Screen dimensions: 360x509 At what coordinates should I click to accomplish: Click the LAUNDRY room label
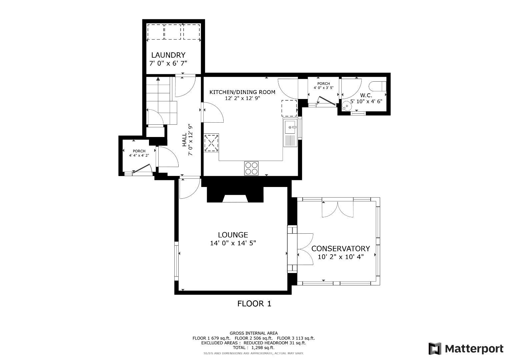[x=168, y=55]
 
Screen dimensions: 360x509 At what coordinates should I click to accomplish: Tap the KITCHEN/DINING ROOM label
[x=242, y=92]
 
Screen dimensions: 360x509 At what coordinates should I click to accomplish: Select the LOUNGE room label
[x=233, y=235]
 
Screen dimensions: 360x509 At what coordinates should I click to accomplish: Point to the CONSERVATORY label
[x=340, y=249]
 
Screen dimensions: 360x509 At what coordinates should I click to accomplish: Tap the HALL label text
[x=184, y=140]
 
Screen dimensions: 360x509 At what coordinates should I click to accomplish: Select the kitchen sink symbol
[x=290, y=127]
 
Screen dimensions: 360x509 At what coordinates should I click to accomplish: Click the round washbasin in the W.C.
[x=347, y=106]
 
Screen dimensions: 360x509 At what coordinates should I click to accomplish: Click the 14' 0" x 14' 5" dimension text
[x=233, y=243]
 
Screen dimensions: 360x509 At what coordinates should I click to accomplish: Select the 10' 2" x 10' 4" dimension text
[x=340, y=257]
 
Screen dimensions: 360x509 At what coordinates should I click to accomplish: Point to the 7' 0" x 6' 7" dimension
[x=168, y=63]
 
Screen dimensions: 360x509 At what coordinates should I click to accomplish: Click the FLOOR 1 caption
[x=254, y=304]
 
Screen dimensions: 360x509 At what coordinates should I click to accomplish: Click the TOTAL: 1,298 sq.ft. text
[x=253, y=347]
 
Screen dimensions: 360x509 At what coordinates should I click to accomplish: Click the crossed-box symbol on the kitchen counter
[x=211, y=143]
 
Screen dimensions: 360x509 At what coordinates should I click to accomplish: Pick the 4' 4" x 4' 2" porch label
[x=139, y=155]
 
